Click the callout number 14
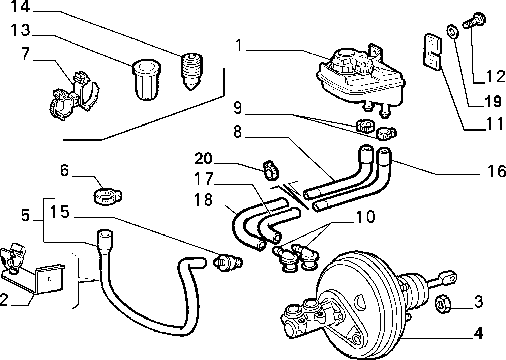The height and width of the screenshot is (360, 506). pyautogui.click(x=20, y=7)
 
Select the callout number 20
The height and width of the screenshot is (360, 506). pyautogui.click(x=204, y=159)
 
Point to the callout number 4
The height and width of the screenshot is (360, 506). pyautogui.click(x=478, y=333)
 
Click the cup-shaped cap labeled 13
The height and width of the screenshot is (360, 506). pyautogui.click(x=146, y=80)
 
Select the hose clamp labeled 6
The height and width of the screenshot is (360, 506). pyautogui.click(x=108, y=196)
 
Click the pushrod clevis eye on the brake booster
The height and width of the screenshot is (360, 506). pyautogui.click(x=448, y=277)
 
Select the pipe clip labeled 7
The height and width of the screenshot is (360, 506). pyautogui.click(x=75, y=96)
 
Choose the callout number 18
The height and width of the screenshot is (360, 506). pyautogui.click(x=203, y=200)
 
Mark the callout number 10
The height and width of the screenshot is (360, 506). pyautogui.click(x=365, y=217)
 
